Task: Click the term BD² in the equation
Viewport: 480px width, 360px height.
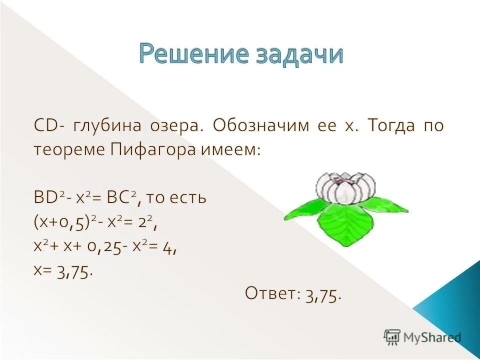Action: (x=46, y=197)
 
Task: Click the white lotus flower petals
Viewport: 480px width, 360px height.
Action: (x=345, y=187)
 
